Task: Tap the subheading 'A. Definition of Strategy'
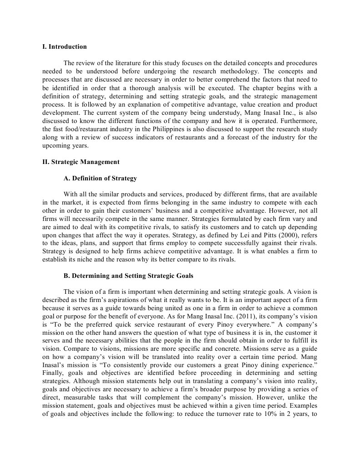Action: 100,178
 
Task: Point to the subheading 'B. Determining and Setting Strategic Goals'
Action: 128,276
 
